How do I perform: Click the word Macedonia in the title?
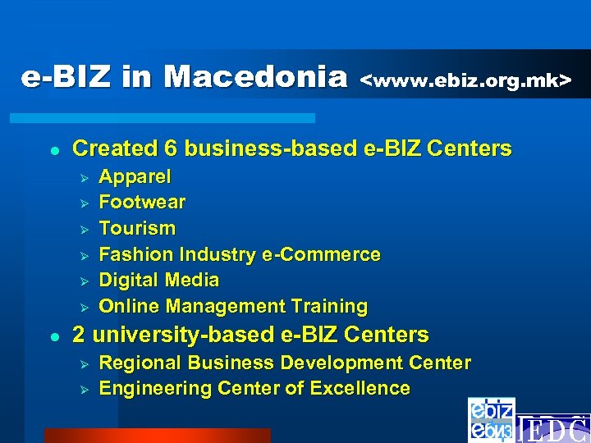[256, 77]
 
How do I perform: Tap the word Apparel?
[135, 176]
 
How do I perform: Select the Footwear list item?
[142, 202]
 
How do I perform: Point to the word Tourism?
[137, 228]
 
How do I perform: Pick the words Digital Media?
[159, 281]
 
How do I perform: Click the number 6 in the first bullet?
[171, 148]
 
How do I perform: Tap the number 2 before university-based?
[79, 335]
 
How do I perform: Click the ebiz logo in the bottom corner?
[492, 419]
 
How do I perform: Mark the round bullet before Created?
[52, 150]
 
